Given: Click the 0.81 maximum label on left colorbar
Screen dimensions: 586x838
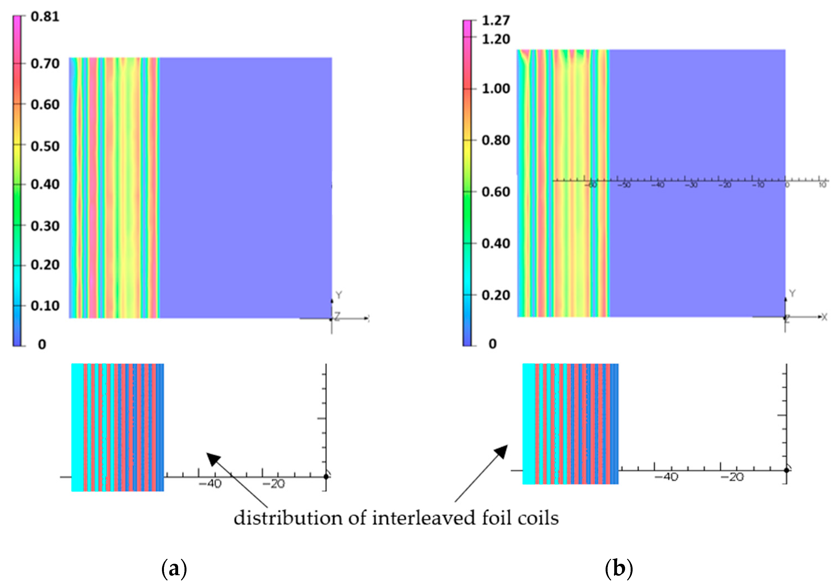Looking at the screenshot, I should (x=45, y=17).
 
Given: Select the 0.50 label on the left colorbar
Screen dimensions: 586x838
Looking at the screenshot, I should (x=45, y=146).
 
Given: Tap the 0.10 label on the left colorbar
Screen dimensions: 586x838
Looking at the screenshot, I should (x=45, y=306).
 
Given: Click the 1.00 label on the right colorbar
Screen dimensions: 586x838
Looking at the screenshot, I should (x=496, y=89).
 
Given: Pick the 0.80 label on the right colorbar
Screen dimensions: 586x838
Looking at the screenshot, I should (x=496, y=140).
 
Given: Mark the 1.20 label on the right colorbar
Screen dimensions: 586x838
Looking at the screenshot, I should (x=496, y=39).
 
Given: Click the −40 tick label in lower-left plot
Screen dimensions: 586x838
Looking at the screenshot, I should (x=210, y=484).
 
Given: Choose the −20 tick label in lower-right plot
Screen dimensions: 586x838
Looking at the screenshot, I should (x=732, y=477).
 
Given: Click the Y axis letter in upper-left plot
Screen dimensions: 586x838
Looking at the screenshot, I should (x=339, y=295).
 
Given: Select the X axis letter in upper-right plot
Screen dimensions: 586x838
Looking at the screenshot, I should (x=824, y=317).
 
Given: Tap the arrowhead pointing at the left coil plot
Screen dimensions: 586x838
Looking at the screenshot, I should (x=213, y=458).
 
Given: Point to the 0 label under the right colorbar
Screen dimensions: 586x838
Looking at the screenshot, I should (x=492, y=344).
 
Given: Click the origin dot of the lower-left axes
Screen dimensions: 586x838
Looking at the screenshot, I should (x=326, y=476).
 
